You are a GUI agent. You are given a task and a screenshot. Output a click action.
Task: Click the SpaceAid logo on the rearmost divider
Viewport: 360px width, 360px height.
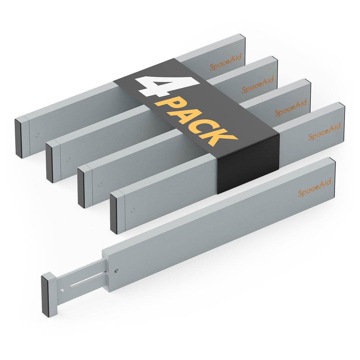pos(225,62)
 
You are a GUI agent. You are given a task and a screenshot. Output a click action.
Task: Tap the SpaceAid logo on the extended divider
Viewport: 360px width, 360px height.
pos(314,187)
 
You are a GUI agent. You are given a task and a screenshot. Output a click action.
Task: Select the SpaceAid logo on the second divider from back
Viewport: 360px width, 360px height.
pos(258,84)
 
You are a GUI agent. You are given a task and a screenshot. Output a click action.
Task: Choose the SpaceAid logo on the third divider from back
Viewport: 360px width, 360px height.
pos(291,108)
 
